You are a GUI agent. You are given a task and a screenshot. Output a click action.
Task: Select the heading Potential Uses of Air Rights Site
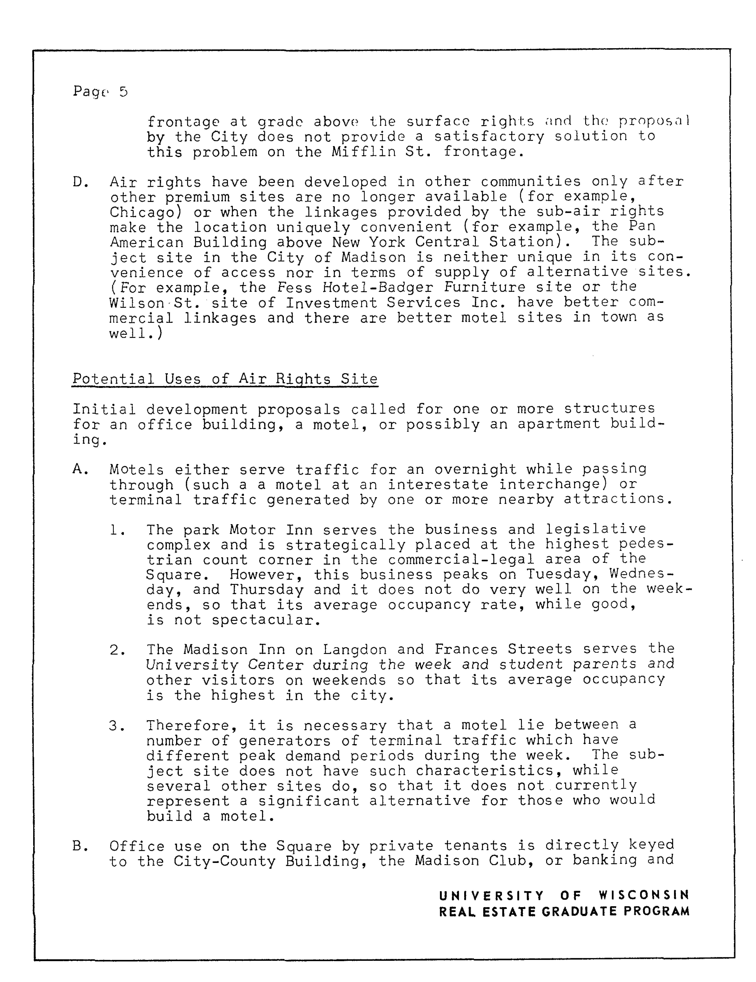225,379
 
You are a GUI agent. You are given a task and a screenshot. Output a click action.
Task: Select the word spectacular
266,620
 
